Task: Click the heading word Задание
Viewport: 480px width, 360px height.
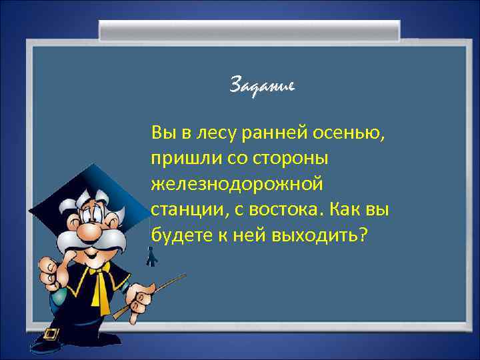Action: point(262,86)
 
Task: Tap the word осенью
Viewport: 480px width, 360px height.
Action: point(352,133)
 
